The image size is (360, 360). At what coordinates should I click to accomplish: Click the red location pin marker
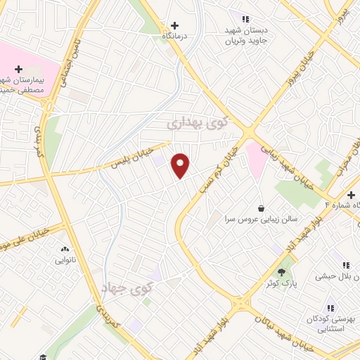pos(181,165)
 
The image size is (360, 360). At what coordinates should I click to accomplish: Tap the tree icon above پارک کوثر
pos(282,272)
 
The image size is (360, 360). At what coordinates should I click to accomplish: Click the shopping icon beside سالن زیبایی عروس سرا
pos(262,208)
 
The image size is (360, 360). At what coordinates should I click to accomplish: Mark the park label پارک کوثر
pos(282,283)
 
